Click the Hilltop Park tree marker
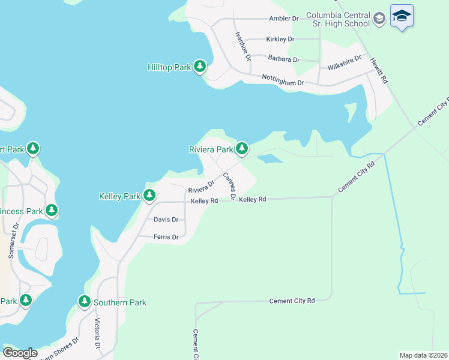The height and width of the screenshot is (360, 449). (200, 67)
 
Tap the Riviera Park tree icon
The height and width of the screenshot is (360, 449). (242, 148)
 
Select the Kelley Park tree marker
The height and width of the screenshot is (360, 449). (149, 196)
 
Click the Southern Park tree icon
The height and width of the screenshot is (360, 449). (85, 302)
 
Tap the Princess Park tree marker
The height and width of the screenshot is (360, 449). (52, 211)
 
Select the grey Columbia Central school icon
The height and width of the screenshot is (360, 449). (379, 19)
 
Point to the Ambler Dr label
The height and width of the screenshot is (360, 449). (284, 19)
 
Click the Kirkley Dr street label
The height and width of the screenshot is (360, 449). (280, 40)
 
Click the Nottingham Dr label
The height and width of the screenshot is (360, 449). (283, 80)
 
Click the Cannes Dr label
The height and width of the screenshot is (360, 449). (228, 186)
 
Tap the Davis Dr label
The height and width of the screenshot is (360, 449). (166, 220)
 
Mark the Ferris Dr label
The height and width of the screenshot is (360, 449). (166, 238)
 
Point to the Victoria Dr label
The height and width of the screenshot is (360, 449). (97, 334)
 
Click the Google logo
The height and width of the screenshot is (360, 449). (20, 352)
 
